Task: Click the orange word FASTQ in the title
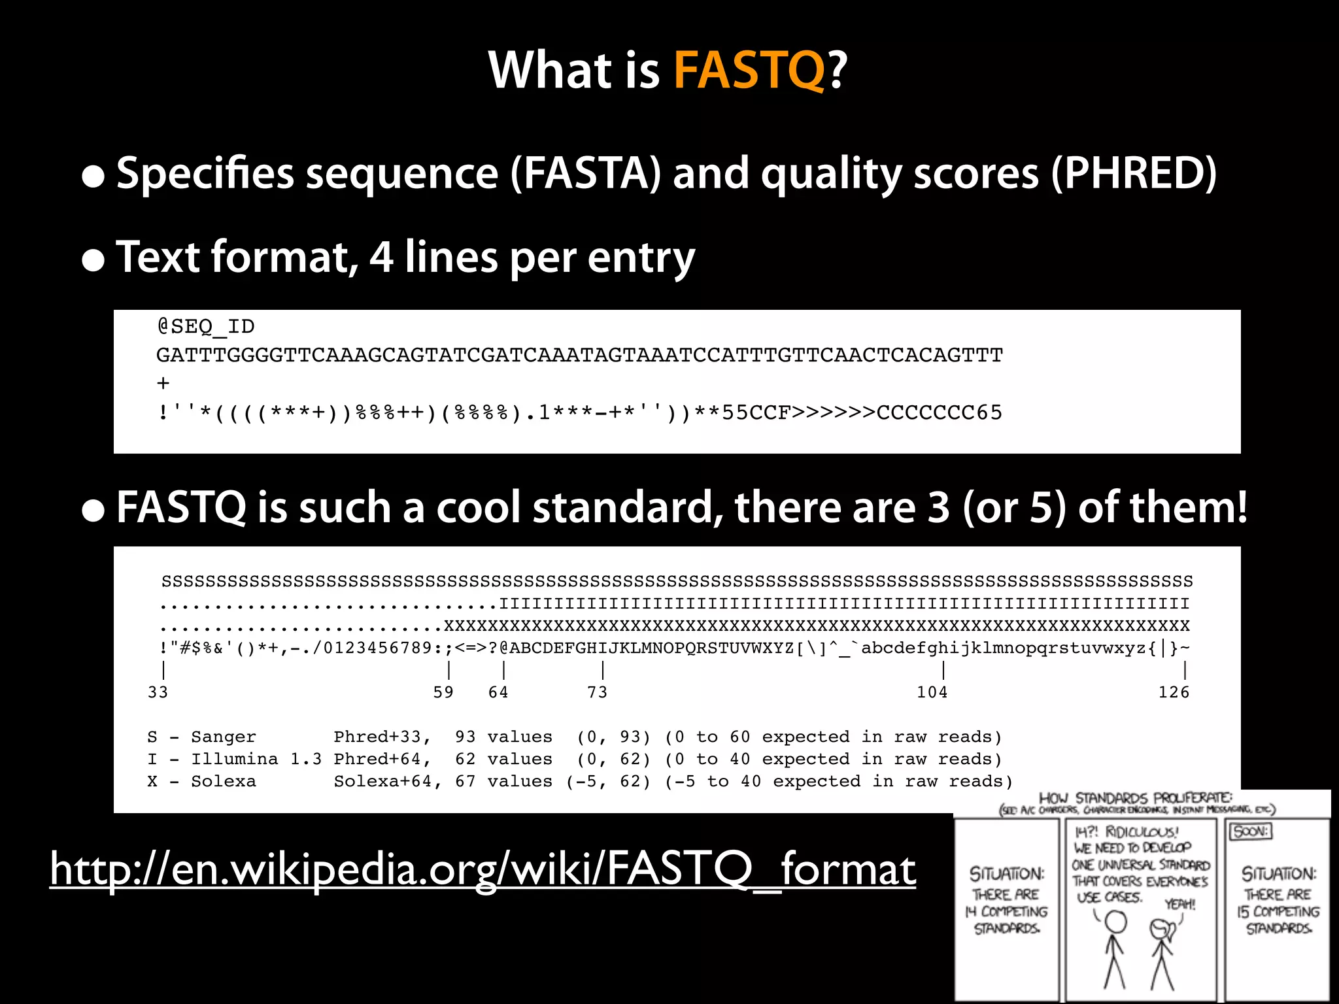749,70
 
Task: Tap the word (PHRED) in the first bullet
1134,173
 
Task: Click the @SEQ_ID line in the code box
206,326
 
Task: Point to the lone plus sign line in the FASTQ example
163,384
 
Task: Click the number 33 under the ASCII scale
158,692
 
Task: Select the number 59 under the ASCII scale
443,692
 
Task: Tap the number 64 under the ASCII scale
498,692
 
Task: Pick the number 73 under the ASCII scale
597,692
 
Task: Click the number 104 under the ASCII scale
932,692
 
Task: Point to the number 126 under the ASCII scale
1174,692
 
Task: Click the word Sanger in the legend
224,737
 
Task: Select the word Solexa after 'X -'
224,781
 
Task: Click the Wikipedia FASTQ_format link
483,869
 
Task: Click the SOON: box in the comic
1251,831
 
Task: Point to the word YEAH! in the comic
1179,905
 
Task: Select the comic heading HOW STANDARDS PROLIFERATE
1135,798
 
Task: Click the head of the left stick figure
1116,922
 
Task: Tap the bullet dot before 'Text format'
93,260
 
